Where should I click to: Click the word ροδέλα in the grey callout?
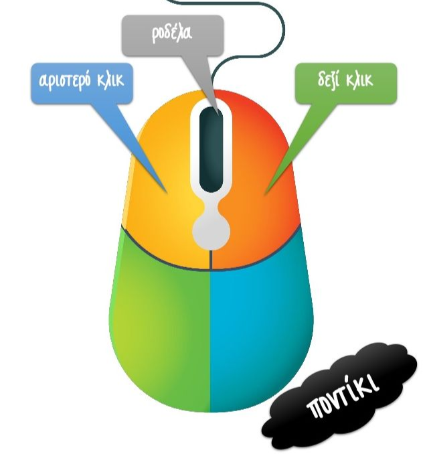click(172, 33)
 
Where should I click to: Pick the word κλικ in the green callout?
click(361, 81)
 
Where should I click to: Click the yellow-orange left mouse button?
click(161, 194)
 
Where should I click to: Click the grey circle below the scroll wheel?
click(211, 231)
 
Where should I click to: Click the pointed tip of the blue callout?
click(167, 194)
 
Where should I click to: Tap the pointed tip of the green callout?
click(265, 195)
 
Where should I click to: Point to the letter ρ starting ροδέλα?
click(155, 35)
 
